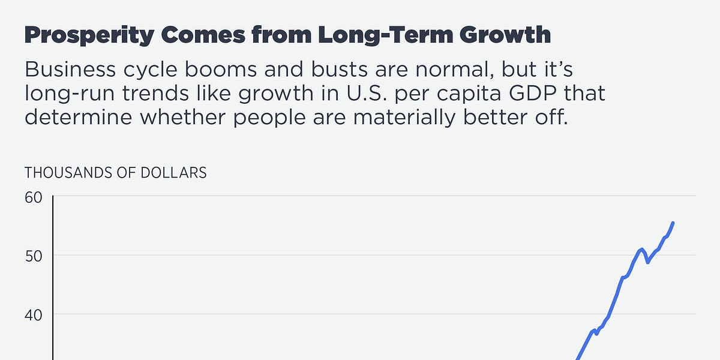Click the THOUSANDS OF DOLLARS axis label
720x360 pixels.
pyautogui.click(x=115, y=173)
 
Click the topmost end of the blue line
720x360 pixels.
pyautogui.click(x=673, y=223)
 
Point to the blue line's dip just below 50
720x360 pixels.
pyautogui.click(x=648, y=262)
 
